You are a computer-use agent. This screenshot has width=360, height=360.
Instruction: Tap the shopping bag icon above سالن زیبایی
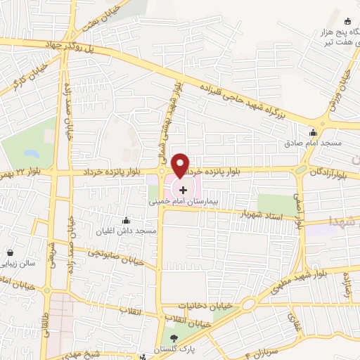click(11, 252)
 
